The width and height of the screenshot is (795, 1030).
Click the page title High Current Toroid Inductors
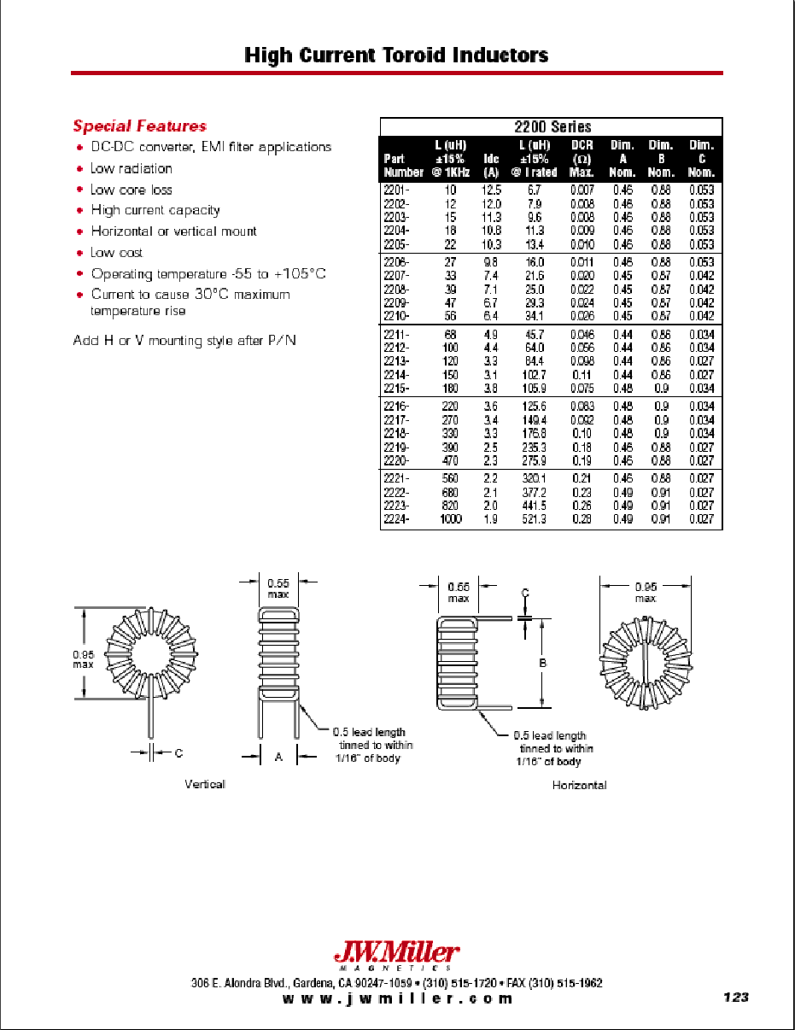(396, 56)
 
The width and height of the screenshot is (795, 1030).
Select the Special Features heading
(139, 126)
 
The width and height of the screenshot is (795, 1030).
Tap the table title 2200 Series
(552, 126)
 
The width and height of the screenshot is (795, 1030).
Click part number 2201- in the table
(398, 190)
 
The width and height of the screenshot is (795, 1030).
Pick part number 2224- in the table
(398, 520)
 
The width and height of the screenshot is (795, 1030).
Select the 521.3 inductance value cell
(540, 520)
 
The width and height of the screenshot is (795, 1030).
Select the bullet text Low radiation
(132, 169)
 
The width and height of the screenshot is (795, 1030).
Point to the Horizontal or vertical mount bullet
(173, 231)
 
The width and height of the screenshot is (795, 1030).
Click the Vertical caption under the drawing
(205, 784)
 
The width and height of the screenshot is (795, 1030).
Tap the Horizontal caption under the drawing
(579, 785)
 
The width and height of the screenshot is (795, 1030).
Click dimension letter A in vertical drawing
(278, 757)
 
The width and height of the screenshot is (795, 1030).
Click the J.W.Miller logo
(396, 953)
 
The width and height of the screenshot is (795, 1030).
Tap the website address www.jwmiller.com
(397, 999)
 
